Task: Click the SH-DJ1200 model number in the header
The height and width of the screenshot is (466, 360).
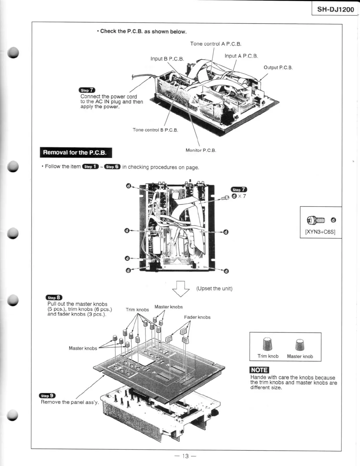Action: [x=335, y=9]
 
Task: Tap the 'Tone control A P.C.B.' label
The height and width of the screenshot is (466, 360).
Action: [x=215, y=44]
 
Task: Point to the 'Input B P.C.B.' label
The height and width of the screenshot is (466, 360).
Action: [x=167, y=59]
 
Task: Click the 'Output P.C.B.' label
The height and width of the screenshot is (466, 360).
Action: [x=278, y=67]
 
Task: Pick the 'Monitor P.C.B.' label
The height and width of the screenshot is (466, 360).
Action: [x=201, y=150]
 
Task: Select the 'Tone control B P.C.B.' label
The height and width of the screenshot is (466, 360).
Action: [x=155, y=130]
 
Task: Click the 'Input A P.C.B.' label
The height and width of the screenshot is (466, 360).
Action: [x=241, y=56]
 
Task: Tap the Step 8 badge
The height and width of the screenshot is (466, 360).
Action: [x=54, y=297]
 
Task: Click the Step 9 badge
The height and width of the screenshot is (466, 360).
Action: [x=47, y=396]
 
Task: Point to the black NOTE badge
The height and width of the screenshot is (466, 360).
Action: [x=259, y=370]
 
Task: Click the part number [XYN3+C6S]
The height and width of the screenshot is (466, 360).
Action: [x=320, y=232]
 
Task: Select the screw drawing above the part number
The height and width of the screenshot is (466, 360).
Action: [x=316, y=220]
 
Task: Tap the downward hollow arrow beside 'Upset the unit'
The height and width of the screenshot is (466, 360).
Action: [x=181, y=289]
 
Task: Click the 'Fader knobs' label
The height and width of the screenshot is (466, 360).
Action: [x=197, y=317]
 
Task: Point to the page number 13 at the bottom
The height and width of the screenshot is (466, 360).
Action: [x=185, y=456]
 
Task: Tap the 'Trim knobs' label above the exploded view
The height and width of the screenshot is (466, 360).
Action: [x=137, y=309]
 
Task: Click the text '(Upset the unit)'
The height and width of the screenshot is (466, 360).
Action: [x=214, y=288]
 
